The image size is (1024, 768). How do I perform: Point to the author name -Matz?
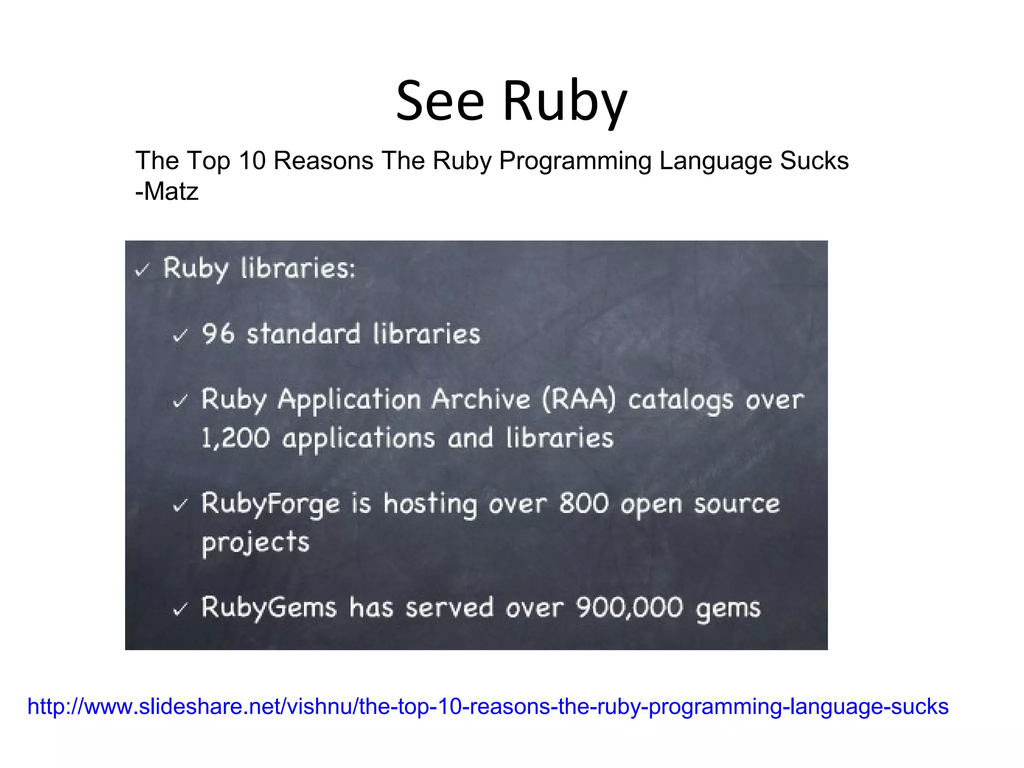pos(167,191)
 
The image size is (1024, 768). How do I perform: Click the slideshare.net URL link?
pos(487,706)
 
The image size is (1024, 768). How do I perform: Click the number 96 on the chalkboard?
pos(218,333)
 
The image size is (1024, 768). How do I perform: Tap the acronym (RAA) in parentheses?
pos(579,400)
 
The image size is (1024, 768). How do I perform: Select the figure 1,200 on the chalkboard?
pos(235,438)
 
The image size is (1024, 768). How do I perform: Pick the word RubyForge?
pos(270,504)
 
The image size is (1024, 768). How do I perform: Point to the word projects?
pos(255,543)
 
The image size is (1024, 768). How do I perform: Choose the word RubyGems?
pos(269,608)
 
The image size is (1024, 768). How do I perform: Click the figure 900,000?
pos(629,608)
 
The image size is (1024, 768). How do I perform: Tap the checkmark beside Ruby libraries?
pos(142,270)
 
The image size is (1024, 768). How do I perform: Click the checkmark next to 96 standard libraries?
pos(180,335)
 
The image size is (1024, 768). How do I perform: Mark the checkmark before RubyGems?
pos(180,609)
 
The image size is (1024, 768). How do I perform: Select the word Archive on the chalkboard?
pos(480,400)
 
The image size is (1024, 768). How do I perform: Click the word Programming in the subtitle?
pos(575,161)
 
